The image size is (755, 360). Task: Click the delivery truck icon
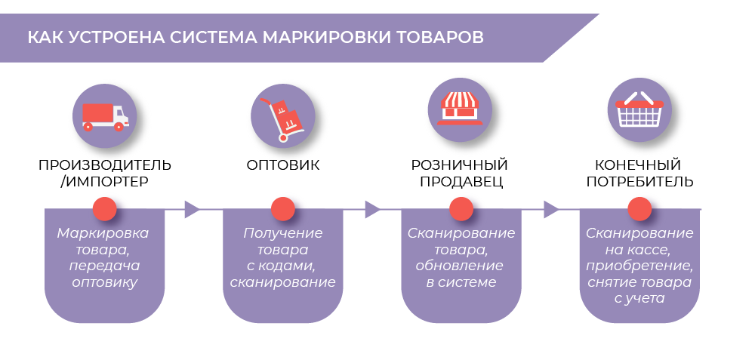[x=104, y=115]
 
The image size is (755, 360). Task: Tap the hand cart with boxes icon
[x=283, y=117]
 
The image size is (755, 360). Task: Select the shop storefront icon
[x=461, y=108]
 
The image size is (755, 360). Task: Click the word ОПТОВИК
[x=283, y=165]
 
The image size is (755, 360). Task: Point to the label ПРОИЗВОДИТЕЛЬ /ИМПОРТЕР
[x=104, y=173]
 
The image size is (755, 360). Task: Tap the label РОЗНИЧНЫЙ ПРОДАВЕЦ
[x=460, y=173]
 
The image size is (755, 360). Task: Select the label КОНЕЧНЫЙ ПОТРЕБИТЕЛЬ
[x=639, y=173]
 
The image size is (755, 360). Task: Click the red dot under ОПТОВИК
[x=283, y=209]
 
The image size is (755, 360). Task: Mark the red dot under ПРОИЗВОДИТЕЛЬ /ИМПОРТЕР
[x=104, y=209]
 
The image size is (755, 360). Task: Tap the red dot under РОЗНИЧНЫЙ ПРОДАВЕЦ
[x=461, y=209]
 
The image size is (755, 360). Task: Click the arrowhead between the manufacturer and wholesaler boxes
[x=193, y=209]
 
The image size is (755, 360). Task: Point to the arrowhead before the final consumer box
[x=551, y=209]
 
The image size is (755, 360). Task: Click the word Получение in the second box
[x=282, y=233]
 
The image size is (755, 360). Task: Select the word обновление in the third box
[x=461, y=266]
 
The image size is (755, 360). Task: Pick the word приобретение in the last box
[x=639, y=266]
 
